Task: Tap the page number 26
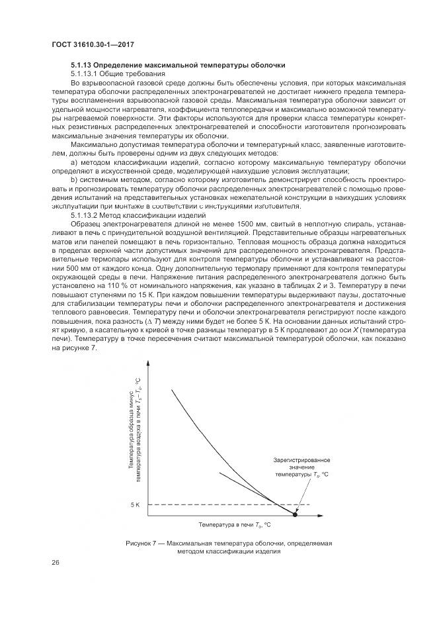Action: tap(55, 563)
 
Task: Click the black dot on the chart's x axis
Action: tap(295, 514)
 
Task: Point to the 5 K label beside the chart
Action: tap(135, 505)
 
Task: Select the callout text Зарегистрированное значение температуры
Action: tap(301, 467)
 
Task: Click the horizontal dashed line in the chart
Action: tap(218, 505)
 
